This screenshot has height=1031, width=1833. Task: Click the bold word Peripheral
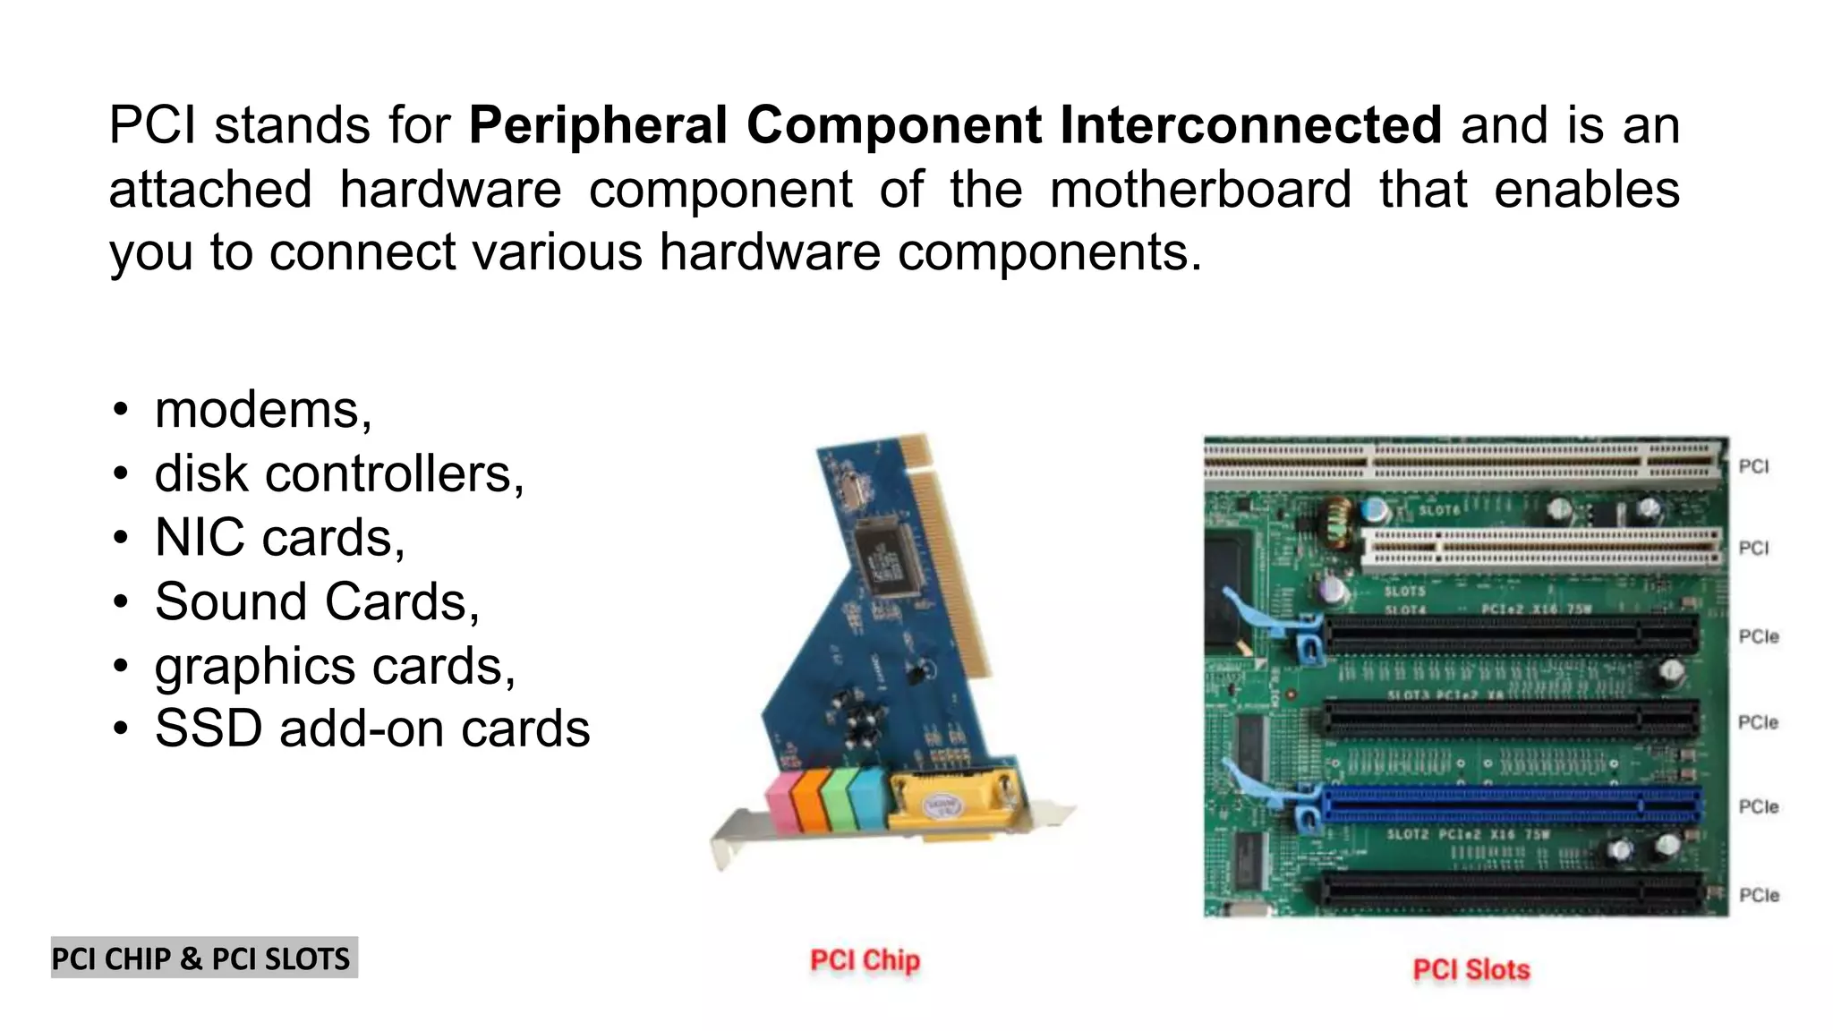(598, 125)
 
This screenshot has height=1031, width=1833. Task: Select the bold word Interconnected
(1250, 125)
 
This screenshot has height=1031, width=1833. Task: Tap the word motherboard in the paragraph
(1199, 190)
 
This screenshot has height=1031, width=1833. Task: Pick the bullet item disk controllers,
(339, 473)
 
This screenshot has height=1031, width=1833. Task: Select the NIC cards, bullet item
(279, 538)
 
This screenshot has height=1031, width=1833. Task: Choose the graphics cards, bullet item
(335, 666)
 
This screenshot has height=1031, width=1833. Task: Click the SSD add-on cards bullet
(372, 729)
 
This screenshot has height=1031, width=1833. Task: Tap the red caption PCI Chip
(865, 960)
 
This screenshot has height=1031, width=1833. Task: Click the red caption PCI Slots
(1471, 969)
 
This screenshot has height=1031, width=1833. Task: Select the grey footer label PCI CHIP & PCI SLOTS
(203, 959)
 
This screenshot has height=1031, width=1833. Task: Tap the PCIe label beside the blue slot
(1758, 806)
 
